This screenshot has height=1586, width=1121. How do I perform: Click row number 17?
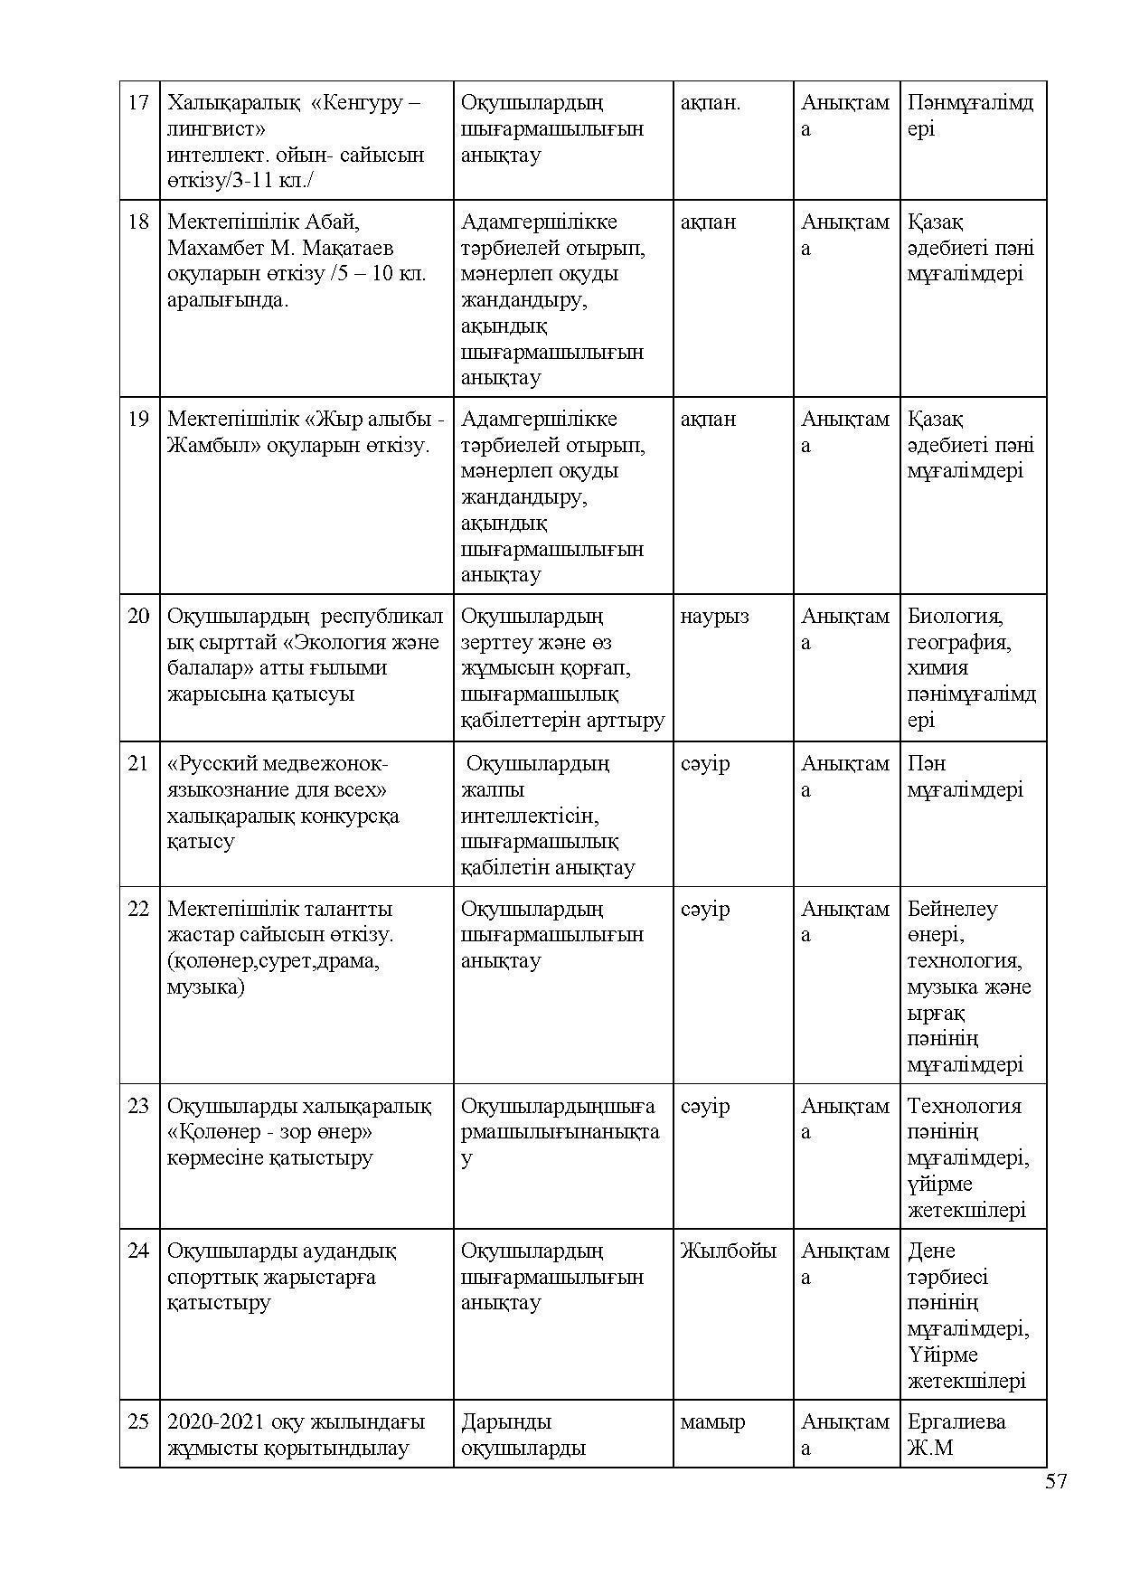click(x=138, y=102)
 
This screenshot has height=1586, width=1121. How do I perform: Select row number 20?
click(x=138, y=617)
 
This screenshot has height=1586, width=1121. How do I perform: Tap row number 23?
click(x=138, y=1106)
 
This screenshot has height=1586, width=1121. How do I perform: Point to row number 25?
click(x=138, y=1422)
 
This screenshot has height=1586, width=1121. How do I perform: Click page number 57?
click(x=1056, y=1481)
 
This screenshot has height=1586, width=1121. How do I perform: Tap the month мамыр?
click(x=712, y=1422)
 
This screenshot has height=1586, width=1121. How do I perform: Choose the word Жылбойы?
click(x=728, y=1251)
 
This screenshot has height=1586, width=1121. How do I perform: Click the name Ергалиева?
click(x=956, y=1422)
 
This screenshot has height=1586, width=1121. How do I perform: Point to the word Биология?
click(x=955, y=617)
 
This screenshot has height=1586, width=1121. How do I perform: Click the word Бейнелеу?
click(x=952, y=909)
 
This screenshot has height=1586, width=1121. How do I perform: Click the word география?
click(x=958, y=643)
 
